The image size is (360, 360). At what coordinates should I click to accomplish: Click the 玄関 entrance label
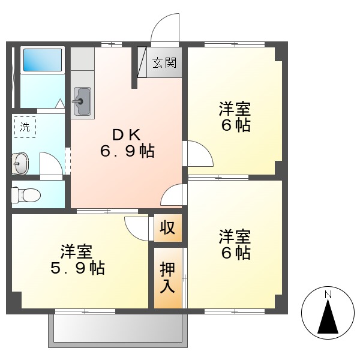point(163,62)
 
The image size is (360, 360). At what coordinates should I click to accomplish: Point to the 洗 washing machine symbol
point(25,127)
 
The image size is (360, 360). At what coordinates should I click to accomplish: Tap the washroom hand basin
point(20,163)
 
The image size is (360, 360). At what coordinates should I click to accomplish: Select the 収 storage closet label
point(167,228)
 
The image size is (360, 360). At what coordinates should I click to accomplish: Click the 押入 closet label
point(167,278)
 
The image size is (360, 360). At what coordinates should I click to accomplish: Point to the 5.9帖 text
point(77,268)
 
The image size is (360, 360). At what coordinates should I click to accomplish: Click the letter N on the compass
point(328,295)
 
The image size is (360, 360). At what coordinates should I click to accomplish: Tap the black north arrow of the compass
point(328,318)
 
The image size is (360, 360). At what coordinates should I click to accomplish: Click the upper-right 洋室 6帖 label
point(234,117)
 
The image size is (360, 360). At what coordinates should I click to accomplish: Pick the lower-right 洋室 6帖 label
point(234,244)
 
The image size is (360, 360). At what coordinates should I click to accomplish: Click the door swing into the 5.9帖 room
point(137,227)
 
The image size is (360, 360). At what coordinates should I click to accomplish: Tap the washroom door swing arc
point(52,164)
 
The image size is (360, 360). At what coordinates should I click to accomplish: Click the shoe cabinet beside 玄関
point(142,62)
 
